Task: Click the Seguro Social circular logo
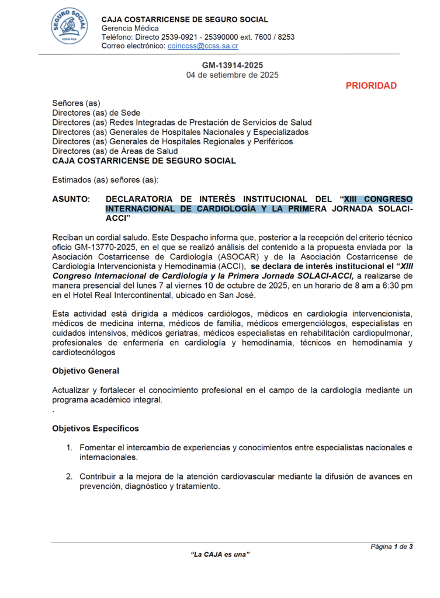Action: coord(70,26)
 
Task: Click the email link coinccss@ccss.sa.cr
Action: coord(203,46)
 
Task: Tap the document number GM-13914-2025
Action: coord(232,65)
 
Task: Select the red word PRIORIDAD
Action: coord(371,86)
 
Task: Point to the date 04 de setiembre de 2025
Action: coord(232,75)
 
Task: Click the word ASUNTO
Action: coord(71,199)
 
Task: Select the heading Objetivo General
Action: coord(85,371)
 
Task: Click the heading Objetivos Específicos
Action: coord(95,429)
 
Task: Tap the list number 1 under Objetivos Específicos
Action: coord(68,448)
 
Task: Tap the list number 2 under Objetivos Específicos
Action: coord(68,477)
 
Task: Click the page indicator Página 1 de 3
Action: coord(392,547)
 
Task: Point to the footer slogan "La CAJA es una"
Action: coord(220,554)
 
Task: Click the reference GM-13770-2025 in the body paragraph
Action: coord(98,247)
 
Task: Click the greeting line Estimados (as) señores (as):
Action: coord(105,179)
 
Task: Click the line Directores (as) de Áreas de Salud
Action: coord(115,151)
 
